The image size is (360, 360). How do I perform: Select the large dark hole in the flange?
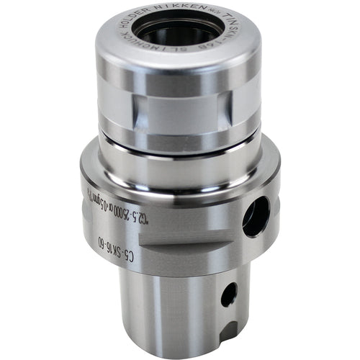point(255,215)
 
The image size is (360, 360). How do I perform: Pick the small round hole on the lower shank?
point(229,293)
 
